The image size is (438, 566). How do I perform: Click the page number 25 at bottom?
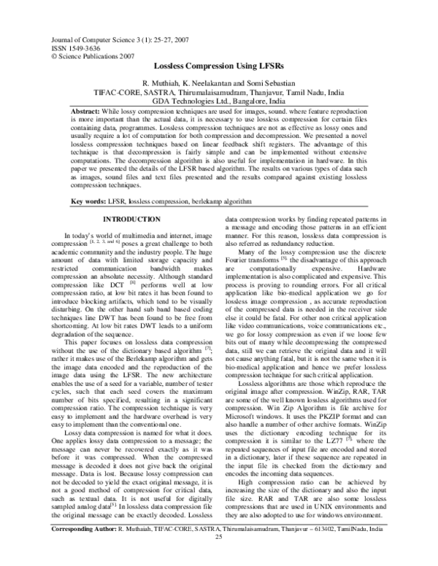coord(218,559)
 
